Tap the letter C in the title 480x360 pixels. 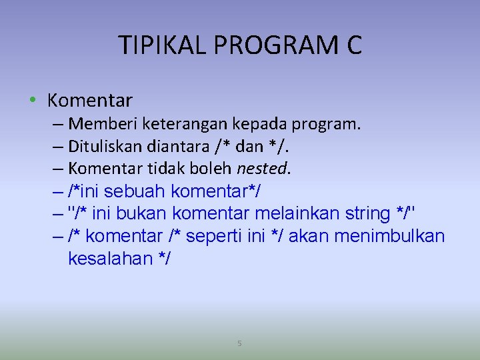click(x=353, y=45)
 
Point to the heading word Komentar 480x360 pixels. click(x=90, y=101)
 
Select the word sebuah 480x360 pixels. click(x=136, y=191)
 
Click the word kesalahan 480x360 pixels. click(x=111, y=259)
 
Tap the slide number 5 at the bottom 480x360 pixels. click(x=240, y=343)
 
